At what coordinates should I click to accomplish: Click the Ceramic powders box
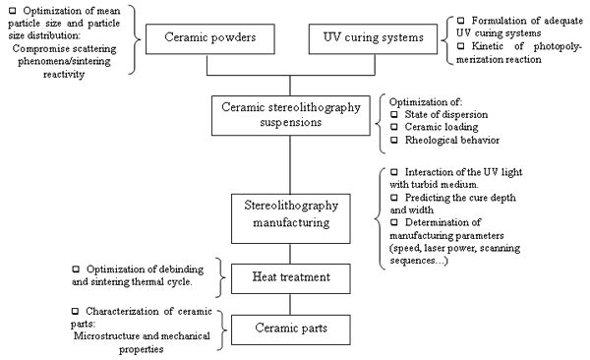coord(210,39)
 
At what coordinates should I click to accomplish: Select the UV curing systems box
coord(373,39)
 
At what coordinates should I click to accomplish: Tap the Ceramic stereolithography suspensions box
coord(291,116)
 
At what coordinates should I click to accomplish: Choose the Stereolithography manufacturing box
coord(291,218)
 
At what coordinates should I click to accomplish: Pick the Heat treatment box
coord(291,278)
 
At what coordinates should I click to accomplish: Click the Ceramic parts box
coord(291,330)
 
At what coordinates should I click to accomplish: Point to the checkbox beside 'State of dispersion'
coord(394,114)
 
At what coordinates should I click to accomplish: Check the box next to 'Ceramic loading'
coord(394,127)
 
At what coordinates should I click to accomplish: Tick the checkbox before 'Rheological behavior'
coord(394,140)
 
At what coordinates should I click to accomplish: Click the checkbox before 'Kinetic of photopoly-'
coord(460,46)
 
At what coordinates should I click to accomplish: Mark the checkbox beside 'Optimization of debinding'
coord(76,269)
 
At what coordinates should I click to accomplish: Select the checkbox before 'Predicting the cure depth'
coord(394,198)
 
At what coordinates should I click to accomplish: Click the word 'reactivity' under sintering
coord(64,74)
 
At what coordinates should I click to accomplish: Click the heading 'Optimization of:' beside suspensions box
coord(426,102)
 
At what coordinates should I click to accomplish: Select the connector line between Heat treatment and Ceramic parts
coord(290,304)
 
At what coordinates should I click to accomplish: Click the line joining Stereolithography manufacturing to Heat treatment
coord(290,254)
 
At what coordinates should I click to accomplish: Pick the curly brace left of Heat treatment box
coord(221,278)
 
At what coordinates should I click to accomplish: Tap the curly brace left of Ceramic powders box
coord(136,39)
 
